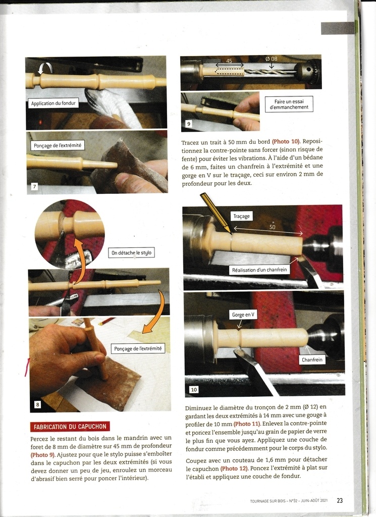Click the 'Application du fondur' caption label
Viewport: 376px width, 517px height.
(x=53, y=103)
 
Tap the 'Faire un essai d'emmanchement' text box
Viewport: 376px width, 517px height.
(x=289, y=104)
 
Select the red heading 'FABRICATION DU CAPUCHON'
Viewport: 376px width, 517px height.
(x=70, y=426)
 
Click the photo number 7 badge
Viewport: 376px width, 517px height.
(x=34, y=187)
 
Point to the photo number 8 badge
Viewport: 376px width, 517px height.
(x=37, y=404)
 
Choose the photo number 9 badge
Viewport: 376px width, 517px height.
(x=188, y=124)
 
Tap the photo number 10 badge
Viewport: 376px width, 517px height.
(x=194, y=390)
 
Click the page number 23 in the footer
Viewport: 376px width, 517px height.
(x=340, y=500)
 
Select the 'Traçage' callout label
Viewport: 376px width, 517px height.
(x=242, y=216)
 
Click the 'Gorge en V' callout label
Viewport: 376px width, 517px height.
(x=243, y=315)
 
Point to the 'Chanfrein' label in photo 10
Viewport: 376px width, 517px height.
(x=312, y=359)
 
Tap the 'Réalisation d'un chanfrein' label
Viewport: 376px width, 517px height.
(x=259, y=270)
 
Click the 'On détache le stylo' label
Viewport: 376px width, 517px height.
(x=132, y=252)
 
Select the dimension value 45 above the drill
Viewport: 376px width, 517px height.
(x=229, y=61)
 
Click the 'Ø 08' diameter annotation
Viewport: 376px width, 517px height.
(x=272, y=59)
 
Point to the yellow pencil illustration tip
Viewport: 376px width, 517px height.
(x=231, y=233)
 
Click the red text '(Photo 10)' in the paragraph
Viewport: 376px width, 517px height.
(x=286, y=142)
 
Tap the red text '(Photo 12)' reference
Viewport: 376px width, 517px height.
(x=234, y=469)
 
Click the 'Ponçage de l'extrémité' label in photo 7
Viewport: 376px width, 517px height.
(x=58, y=145)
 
